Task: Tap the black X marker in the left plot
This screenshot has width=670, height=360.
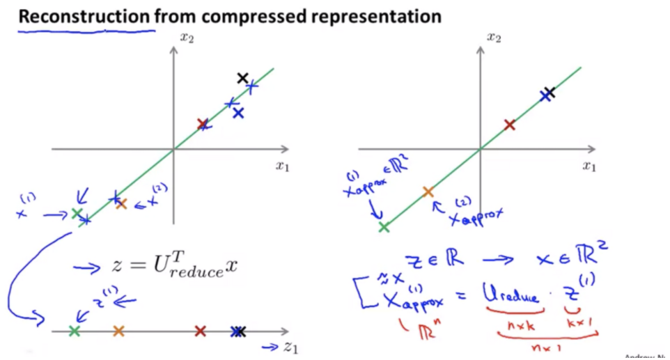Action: point(242,78)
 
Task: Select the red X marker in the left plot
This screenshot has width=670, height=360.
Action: point(203,125)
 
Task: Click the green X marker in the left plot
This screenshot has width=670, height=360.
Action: point(77,213)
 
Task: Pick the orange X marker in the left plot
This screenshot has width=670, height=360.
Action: point(121,203)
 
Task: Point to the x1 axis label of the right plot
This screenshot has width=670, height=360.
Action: point(590,166)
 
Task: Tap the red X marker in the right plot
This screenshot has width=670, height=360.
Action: point(509,125)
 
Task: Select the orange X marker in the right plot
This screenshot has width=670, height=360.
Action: point(428,191)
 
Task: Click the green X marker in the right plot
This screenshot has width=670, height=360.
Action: point(384,226)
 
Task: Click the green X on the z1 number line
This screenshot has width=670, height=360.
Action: point(75,331)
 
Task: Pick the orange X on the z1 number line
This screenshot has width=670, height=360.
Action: point(118,331)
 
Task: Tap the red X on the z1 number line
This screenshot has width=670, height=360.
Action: point(201,331)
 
